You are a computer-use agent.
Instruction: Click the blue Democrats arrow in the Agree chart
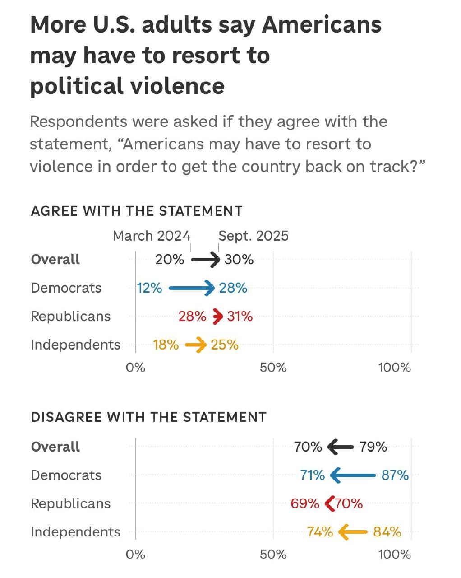[191, 288]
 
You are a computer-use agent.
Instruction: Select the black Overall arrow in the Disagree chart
[340, 447]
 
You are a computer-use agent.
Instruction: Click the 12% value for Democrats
[150, 288]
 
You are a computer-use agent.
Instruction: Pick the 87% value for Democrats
[395, 475]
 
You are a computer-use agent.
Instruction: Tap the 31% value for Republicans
[240, 316]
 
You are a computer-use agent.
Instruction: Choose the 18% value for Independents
[166, 345]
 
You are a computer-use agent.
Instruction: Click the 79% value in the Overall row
[373, 447]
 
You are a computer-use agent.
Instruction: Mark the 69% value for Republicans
[305, 503]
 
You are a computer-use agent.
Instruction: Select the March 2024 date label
[152, 236]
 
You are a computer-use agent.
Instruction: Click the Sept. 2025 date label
[253, 236]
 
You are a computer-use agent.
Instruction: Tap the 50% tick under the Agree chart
[273, 367]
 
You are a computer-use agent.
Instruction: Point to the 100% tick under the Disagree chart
[394, 554]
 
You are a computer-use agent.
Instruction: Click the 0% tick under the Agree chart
[135, 367]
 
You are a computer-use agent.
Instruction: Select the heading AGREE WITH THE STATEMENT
[137, 211]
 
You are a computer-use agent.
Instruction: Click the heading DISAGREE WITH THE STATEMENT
[149, 416]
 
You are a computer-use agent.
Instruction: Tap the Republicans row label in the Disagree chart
[71, 503]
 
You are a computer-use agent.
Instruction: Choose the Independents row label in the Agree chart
[75, 345]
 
